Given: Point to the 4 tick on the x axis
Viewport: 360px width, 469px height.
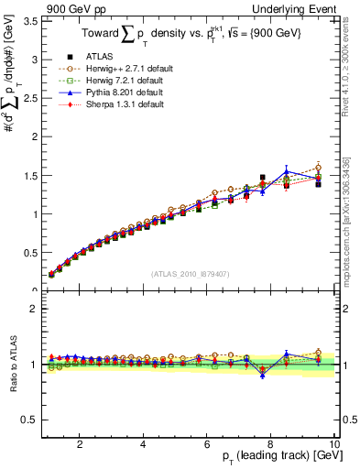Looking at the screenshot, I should click(x=143, y=443).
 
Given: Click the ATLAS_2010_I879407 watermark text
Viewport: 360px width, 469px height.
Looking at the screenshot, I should click(x=189, y=273).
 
